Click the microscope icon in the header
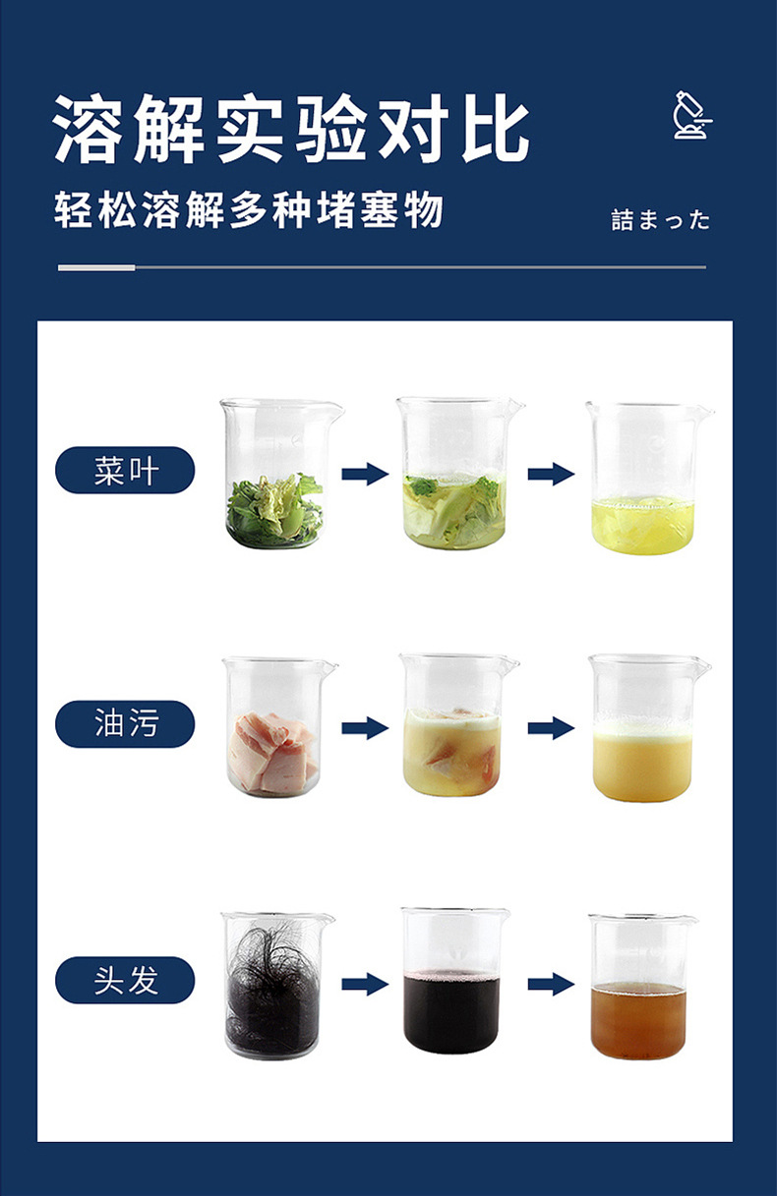click(x=692, y=115)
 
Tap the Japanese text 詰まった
click(x=661, y=220)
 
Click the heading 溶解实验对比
click(x=292, y=129)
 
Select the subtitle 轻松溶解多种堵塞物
click(x=249, y=210)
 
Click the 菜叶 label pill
click(x=125, y=471)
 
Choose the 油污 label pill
click(x=125, y=724)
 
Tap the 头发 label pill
click(x=125, y=981)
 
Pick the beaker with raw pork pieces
click(x=279, y=728)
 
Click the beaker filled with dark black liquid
click(x=455, y=982)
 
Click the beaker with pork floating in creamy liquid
click(x=458, y=725)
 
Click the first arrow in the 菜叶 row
click(x=365, y=474)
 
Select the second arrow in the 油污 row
click(x=551, y=728)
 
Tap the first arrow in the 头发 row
click(x=365, y=984)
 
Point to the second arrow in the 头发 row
click(x=551, y=984)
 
